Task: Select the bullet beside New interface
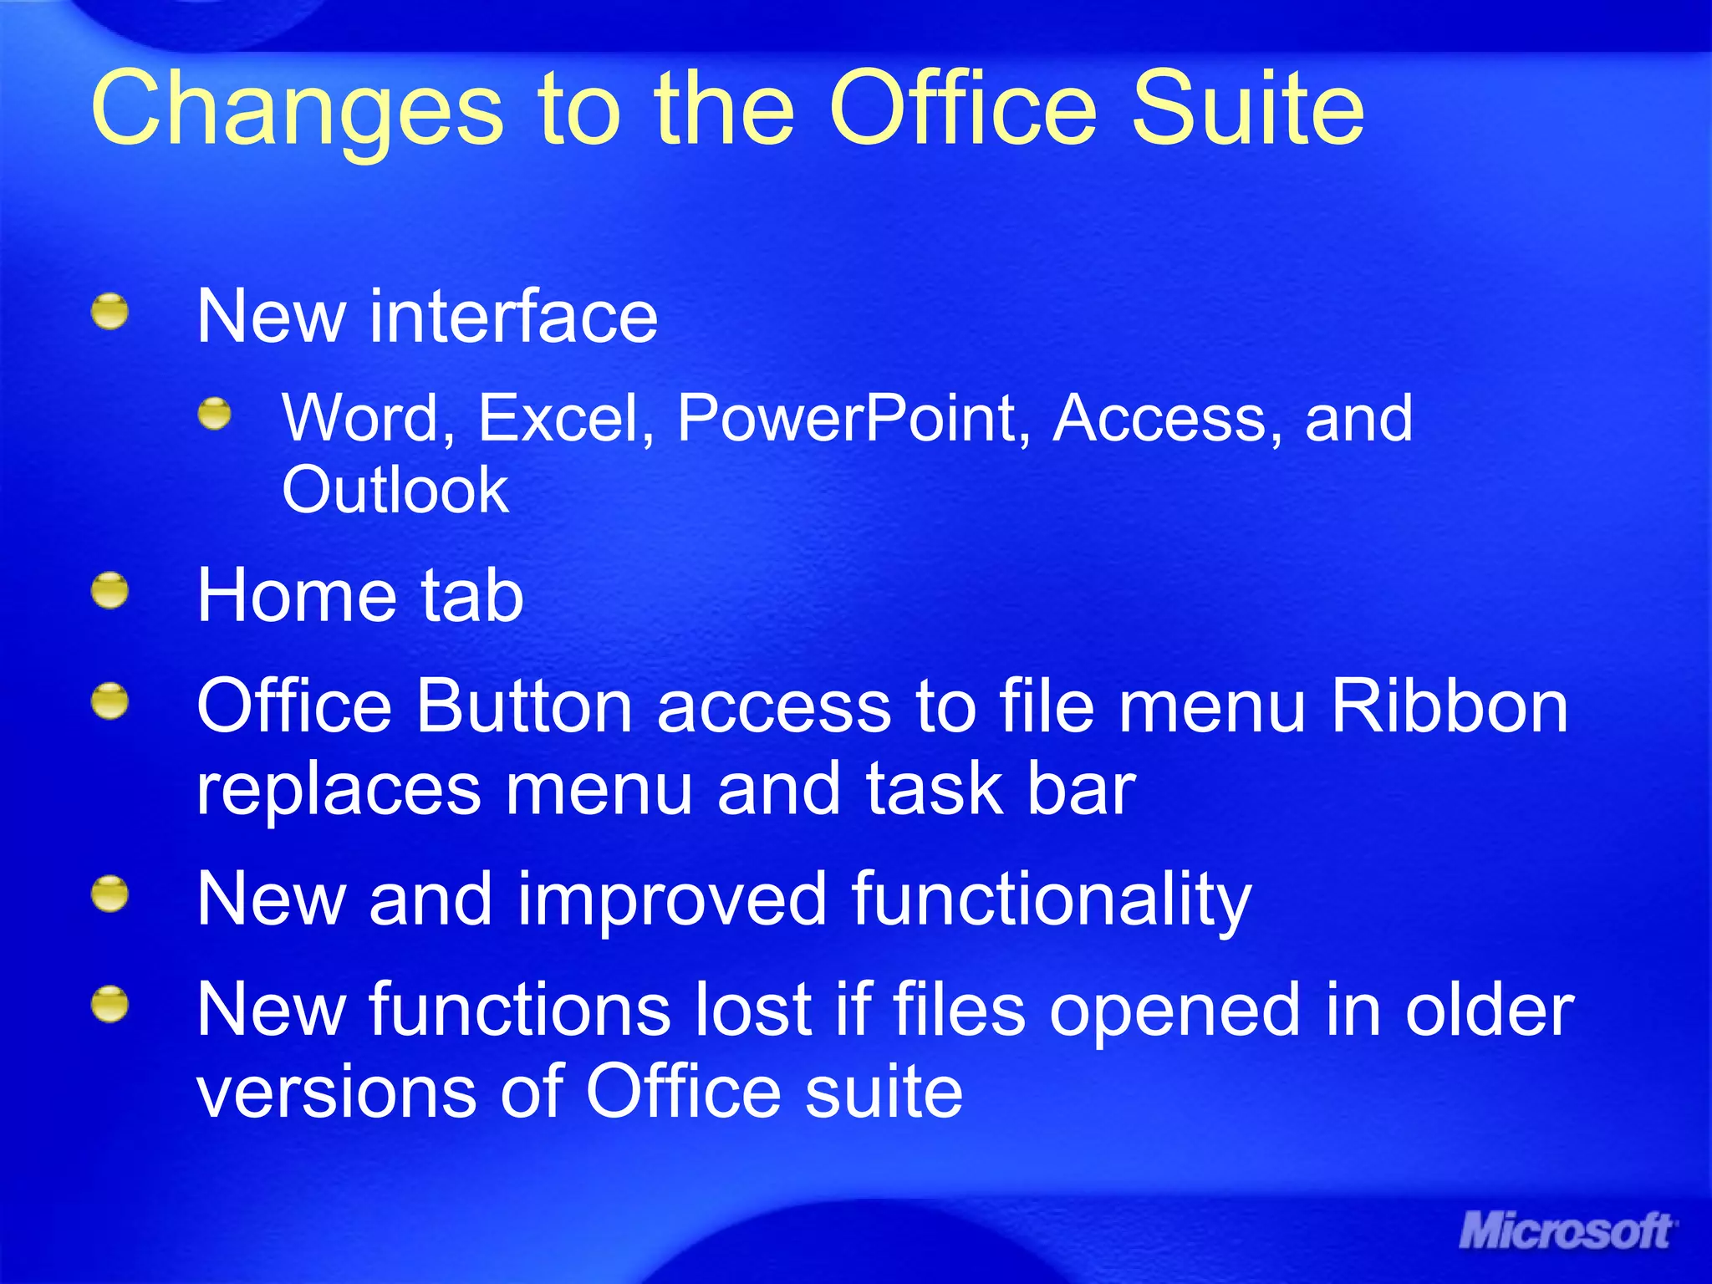click(110, 312)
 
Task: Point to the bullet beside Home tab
click(110, 591)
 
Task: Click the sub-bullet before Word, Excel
click(215, 413)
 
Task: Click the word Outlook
click(395, 490)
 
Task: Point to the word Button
click(524, 707)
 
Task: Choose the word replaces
click(339, 790)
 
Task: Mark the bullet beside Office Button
click(110, 702)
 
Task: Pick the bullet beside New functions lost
click(110, 1004)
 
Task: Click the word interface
click(513, 317)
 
